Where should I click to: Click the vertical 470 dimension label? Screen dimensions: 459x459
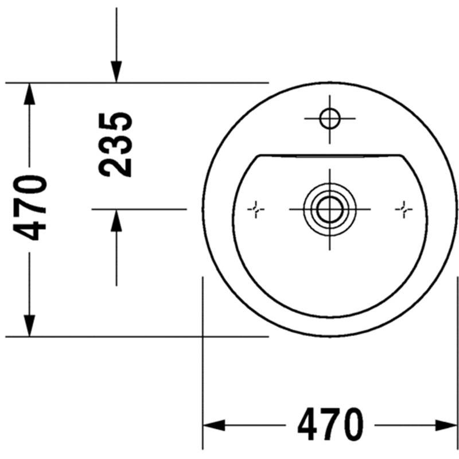tap(30, 208)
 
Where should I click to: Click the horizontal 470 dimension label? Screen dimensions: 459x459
tap(330, 425)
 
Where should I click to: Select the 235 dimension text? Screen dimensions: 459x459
tap(115, 145)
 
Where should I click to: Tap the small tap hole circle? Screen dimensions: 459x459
tap(330, 119)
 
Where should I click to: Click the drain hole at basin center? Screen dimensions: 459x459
tap(330, 209)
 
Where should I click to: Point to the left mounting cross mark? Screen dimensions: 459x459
tap(256, 209)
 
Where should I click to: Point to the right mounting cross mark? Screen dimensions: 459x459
tap(404, 209)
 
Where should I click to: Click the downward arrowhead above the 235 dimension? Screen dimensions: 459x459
tap(116, 72)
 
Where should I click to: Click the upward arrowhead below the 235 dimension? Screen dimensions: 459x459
tap(116, 221)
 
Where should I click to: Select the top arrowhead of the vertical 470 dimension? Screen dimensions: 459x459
tap(29, 94)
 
